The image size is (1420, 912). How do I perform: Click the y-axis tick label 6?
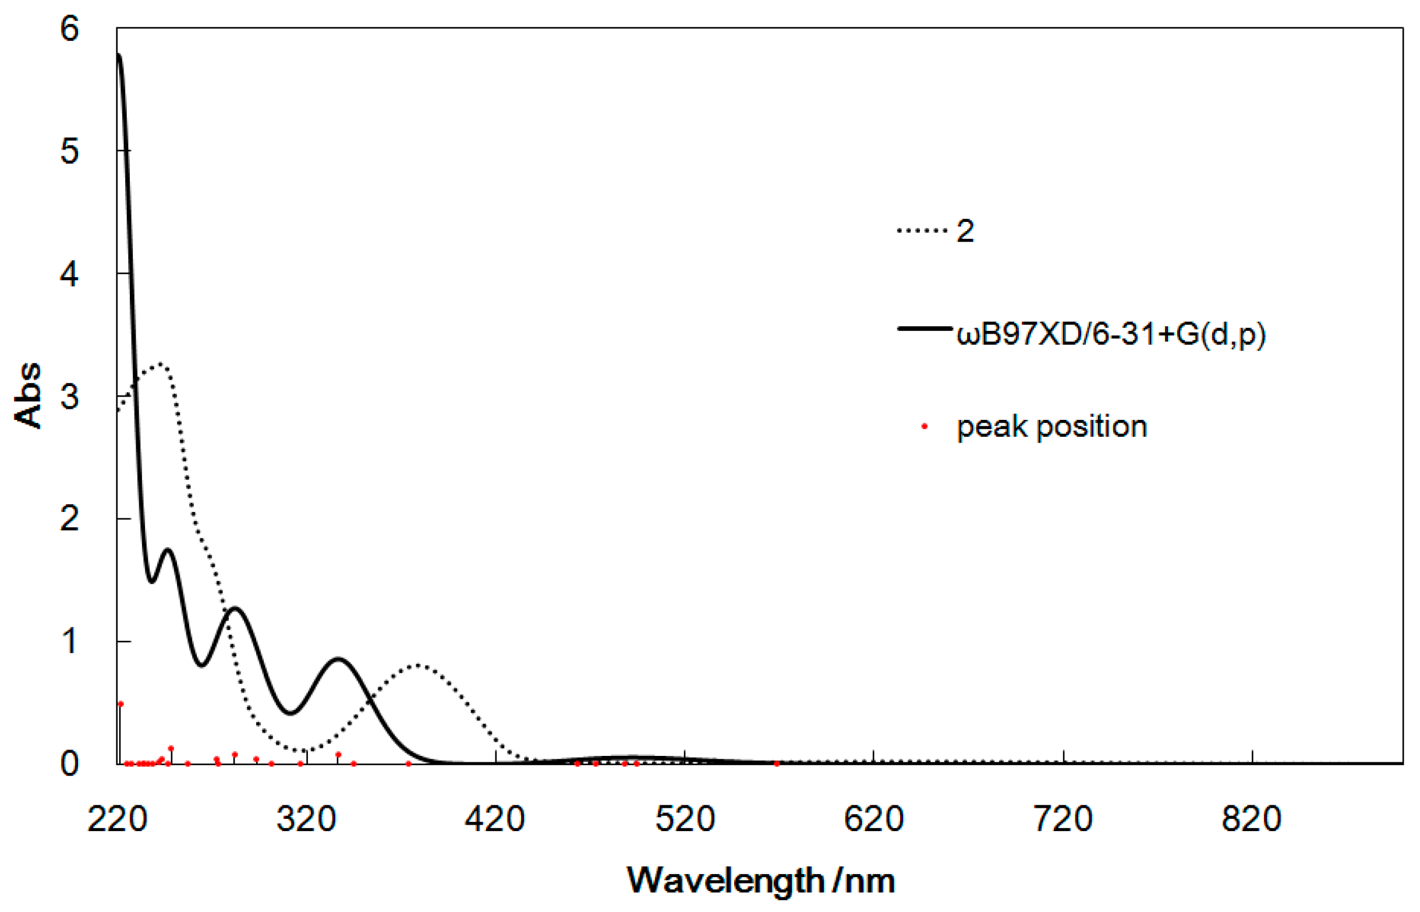[69, 29]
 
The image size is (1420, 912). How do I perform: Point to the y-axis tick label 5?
[69, 151]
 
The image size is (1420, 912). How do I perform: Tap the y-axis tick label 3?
[69, 396]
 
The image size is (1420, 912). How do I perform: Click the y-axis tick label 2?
[69, 519]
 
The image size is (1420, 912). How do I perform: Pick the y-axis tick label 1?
[69, 641]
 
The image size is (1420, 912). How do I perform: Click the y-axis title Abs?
[28, 395]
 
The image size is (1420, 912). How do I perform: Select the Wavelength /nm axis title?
[760, 881]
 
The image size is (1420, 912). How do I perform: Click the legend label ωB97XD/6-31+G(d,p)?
[1111, 335]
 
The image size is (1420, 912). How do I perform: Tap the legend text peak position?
[1052, 426]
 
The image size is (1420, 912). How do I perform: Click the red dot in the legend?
[925, 426]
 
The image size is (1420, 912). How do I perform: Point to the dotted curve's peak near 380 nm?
[418, 665]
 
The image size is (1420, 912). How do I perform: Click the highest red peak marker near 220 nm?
[121, 704]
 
